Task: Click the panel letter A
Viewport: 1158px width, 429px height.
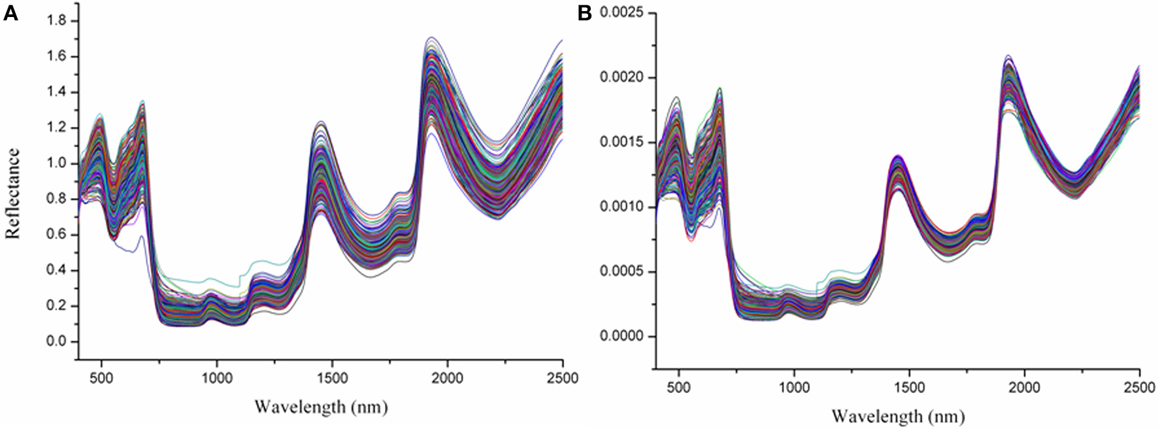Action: (10, 13)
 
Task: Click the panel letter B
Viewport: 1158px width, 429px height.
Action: (585, 13)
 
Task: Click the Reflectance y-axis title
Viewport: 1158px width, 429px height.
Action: (13, 194)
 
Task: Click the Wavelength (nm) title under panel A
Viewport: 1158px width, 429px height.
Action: (321, 407)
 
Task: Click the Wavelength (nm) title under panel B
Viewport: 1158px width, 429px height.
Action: (898, 416)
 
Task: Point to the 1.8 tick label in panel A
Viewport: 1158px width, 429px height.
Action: (57, 21)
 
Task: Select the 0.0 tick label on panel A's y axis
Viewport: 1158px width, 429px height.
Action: (57, 341)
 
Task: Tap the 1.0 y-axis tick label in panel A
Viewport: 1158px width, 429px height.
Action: (57, 163)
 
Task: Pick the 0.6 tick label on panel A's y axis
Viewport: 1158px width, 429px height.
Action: (57, 235)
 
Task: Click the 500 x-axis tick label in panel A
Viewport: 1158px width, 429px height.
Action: (101, 378)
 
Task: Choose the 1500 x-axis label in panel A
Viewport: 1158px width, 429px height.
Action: (332, 378)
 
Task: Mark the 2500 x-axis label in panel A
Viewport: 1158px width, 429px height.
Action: (563, 378)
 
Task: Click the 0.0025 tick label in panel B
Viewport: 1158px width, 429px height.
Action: (621, 13)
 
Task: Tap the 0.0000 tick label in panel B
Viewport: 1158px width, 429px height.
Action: (621, 336)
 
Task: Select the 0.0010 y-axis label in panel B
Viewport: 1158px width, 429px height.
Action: (621, 207)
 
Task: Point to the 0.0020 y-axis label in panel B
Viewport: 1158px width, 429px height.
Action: (621, 78)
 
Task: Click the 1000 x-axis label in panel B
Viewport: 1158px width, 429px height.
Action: (794, 387)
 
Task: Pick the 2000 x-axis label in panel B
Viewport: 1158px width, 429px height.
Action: (1024, 387)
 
